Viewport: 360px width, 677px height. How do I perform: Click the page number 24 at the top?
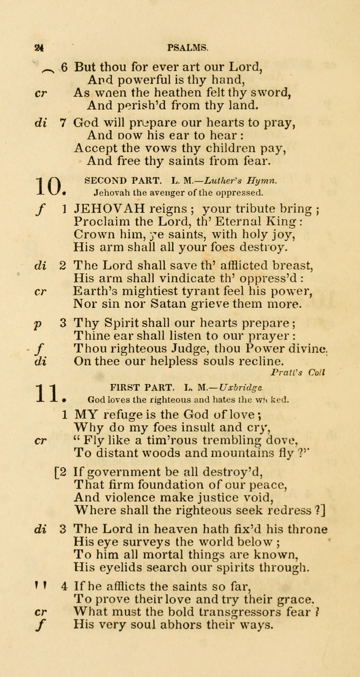pos(39,49)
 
